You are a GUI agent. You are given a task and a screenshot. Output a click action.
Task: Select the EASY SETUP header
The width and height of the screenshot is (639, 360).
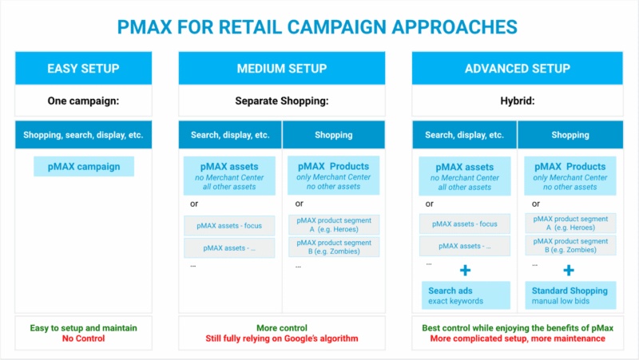click(x=84, y=68)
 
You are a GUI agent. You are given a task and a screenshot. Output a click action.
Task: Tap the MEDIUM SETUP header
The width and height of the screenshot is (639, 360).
click(x=282, y=68)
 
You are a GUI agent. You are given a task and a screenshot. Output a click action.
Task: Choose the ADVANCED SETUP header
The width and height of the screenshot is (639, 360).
click(x=517, y=68)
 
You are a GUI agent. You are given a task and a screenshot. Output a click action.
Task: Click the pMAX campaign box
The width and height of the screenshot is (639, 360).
click(x=84, y=167)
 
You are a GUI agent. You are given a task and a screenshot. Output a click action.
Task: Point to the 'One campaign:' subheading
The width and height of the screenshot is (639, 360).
click(x=84, y=101)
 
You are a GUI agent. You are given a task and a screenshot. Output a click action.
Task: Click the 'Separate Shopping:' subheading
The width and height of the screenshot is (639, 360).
click(x=282, y=101)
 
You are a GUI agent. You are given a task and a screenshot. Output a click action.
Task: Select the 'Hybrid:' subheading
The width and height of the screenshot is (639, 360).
click(x=517, y=101)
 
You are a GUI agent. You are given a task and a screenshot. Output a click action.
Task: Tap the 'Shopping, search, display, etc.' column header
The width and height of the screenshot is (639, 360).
click(x=84, y=135)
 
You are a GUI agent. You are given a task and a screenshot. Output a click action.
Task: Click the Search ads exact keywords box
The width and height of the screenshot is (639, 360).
click(x=465, y=295)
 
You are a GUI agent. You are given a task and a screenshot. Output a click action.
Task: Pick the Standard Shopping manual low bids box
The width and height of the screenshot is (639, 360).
click(x=570, y=295)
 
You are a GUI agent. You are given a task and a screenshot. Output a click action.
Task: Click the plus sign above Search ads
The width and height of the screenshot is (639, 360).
click(x=465, y=271)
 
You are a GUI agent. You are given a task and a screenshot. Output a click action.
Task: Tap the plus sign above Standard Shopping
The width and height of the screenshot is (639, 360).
click(x=570, y=271)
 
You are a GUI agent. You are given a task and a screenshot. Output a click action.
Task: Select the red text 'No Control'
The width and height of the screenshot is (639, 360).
click(x=84, y=338)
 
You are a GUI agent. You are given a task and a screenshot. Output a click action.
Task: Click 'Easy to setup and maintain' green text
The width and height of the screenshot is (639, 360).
click(x=84, y=327)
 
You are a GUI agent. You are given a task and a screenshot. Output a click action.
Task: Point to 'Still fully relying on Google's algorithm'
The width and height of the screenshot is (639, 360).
click(x=282, y=338)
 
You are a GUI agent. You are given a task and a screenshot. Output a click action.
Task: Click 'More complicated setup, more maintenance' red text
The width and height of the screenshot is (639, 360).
click(x=517, y=338)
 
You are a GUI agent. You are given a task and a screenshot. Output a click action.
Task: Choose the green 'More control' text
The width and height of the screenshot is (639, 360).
click(x=282, y=327)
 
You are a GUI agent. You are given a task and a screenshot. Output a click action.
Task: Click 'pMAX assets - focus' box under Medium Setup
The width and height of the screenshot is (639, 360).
click(x=229, y=224)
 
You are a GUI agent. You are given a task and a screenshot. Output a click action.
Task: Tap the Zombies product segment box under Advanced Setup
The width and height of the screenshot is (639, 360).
click(x=570, y=246)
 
